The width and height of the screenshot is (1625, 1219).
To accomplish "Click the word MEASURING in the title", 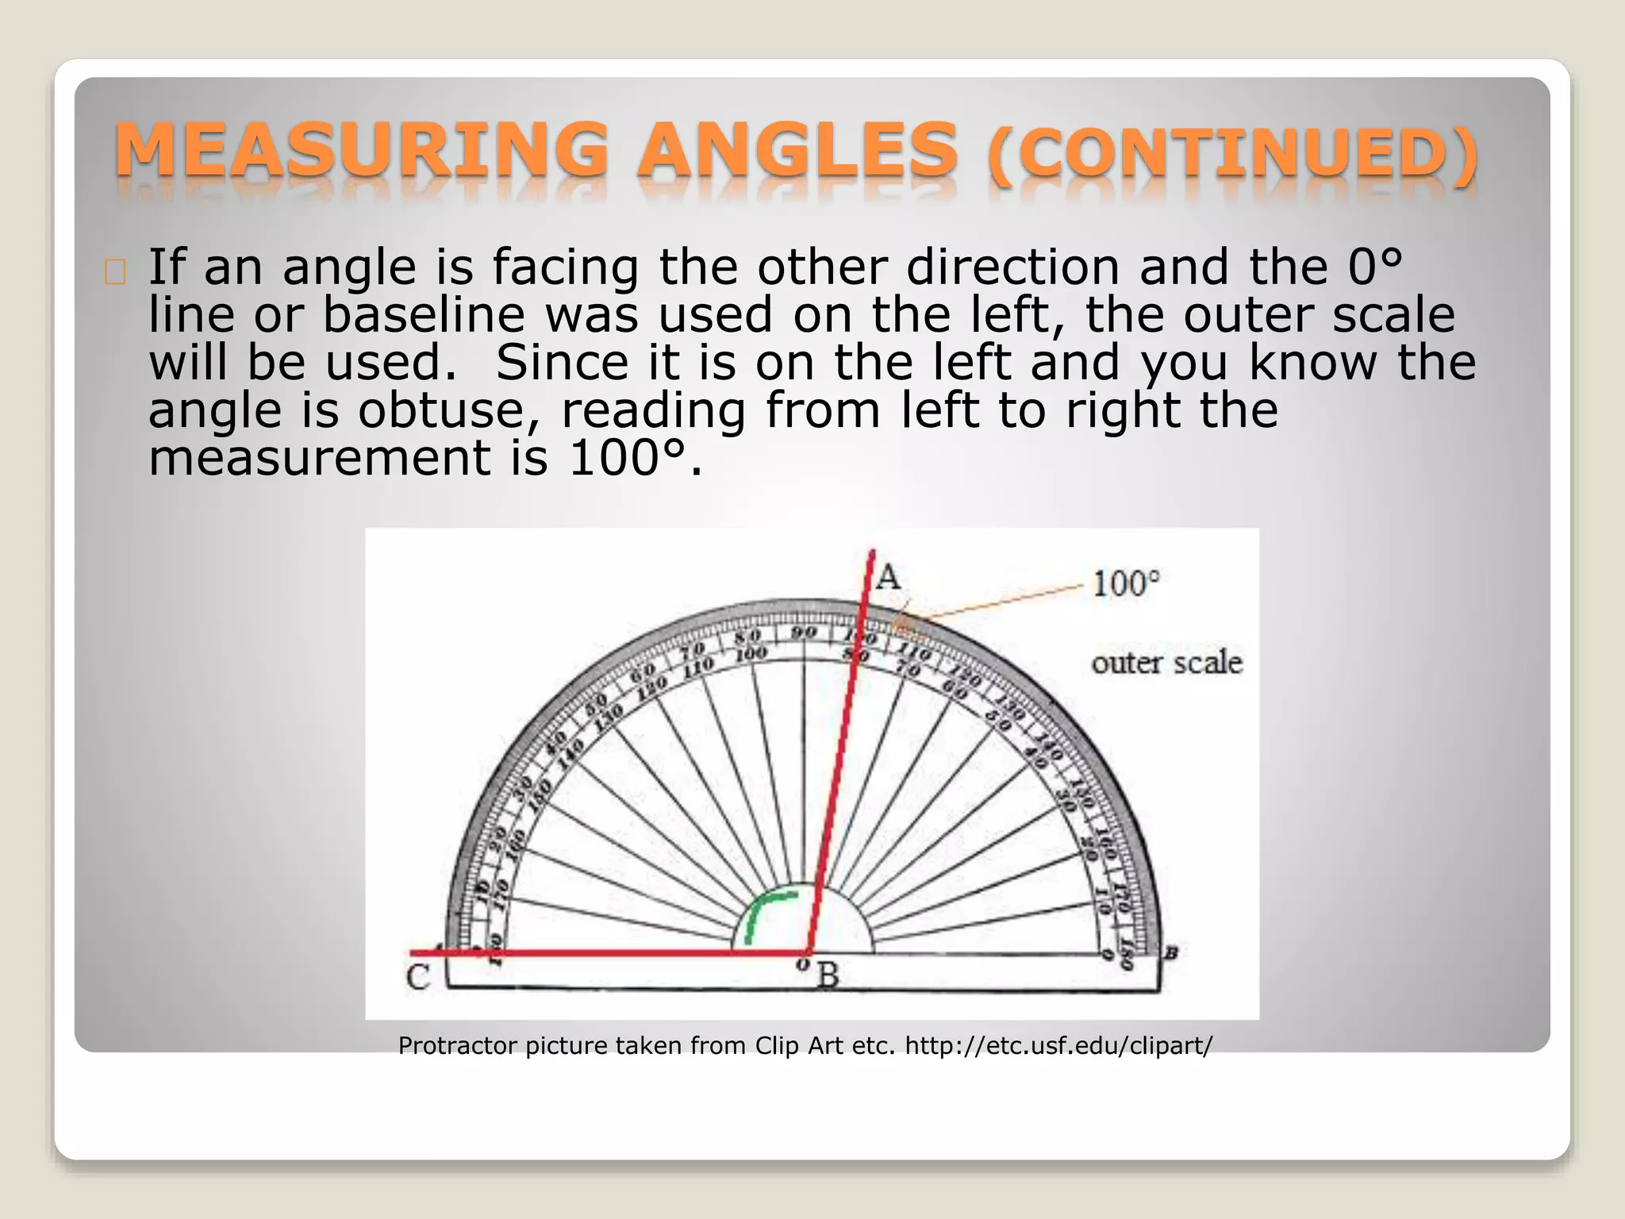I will (x=361, y=151).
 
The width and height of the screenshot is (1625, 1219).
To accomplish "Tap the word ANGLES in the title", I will (x=797, y=151).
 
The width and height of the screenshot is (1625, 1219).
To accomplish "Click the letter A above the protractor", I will (x=889, y=576).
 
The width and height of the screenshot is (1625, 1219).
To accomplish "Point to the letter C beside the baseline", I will (x=418, y=977).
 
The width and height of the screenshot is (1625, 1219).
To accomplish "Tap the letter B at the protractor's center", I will (x=828, y=975).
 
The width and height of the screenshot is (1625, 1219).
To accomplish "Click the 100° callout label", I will (x=1125, y=584).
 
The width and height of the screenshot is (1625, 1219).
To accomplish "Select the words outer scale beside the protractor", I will (x=1166, y=663).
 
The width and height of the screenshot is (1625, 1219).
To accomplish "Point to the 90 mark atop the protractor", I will (x=804, y=633).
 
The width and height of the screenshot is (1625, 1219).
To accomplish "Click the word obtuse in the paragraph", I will (x=448, y=410).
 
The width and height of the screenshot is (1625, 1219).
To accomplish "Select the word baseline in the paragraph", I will (x=424, y=315).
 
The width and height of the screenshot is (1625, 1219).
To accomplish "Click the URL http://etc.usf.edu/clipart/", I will (x=1058, y=1046).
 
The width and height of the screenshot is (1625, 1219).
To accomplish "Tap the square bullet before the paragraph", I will (x=115, y=272).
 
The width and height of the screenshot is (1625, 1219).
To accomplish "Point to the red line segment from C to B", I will (x=611, y=952).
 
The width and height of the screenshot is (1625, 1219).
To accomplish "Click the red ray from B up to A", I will (x=841, y=754).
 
